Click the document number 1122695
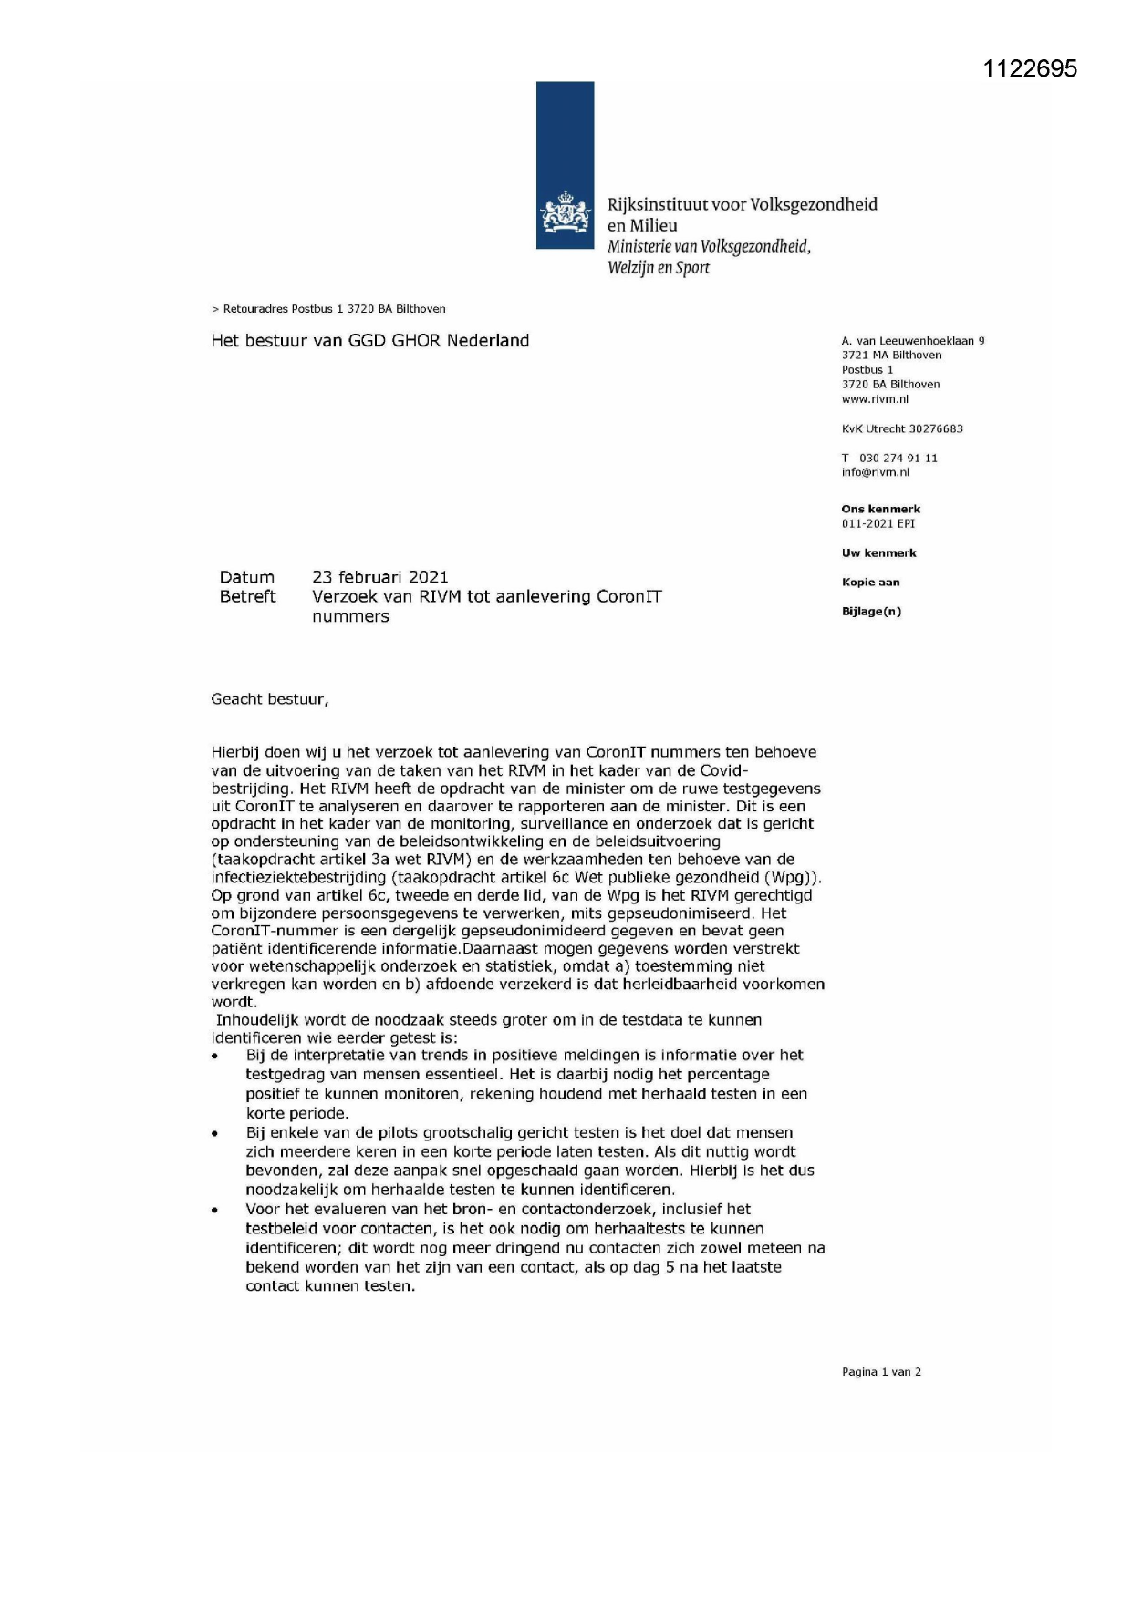[1030, 69]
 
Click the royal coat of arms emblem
[565, 213]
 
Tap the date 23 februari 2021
[379, 577]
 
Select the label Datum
[246, 577]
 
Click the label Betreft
[247, 596]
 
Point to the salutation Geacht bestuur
[269, 699]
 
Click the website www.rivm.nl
[875, 399]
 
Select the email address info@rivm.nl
[875, 472]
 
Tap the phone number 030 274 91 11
[898, 458]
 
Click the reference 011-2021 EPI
[878, 523]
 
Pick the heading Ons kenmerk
[880, 509]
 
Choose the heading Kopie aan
[870, 582]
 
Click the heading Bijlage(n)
[871, 611]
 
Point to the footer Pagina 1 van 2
[881, 1371]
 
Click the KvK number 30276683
[935, 428]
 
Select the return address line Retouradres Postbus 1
[328, 309]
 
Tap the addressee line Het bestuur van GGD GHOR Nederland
[369, 340]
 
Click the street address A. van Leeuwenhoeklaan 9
[912, 340]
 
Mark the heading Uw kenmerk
[878, 552]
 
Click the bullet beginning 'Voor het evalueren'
[534, 1247]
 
